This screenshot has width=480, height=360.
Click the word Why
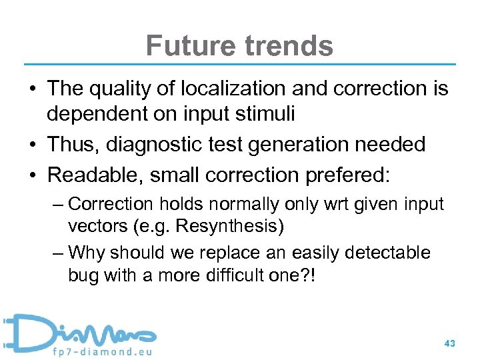pos(86,253)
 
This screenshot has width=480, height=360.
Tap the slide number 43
pos(449,343)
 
